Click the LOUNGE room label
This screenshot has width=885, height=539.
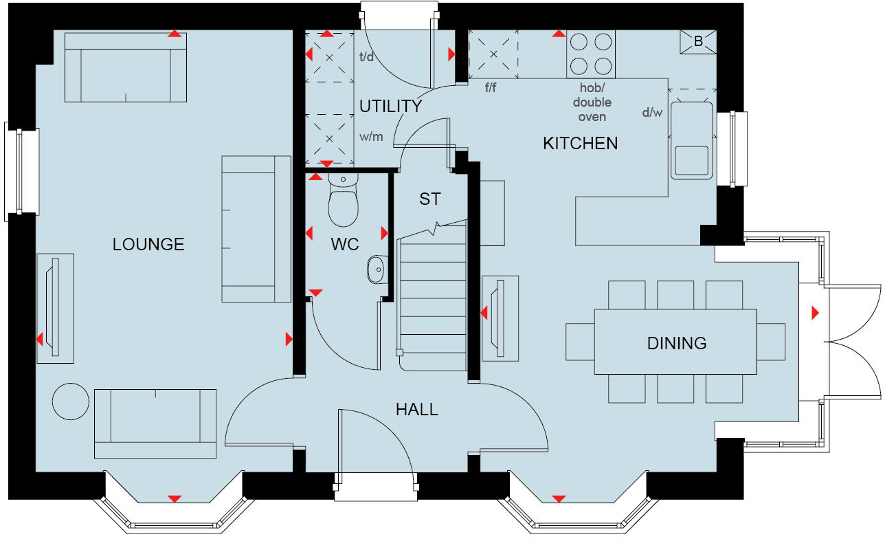coord(148,244)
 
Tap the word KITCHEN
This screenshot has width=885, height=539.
coord(580,143)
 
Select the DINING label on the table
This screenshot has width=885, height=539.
coord(676,342)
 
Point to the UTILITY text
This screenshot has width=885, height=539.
coord(390,107)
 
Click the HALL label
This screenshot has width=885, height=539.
coord(416,410)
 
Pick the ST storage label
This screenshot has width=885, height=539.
coord(430,199)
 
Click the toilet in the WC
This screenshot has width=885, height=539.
coord(344,202)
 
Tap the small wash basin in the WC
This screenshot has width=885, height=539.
coord(376,269)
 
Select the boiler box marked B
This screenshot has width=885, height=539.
coord(698,42)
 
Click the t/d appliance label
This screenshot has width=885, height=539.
coord(366,57)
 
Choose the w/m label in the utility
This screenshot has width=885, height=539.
coord(371,136)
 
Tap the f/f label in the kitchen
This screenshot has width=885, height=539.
coord(491,87)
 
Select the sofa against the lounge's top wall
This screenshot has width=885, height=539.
coord(125,67)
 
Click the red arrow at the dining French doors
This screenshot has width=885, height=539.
coord(815,313)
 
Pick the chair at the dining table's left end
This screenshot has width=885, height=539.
coord(579,342)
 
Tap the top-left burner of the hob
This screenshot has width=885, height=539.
coord(579,43)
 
